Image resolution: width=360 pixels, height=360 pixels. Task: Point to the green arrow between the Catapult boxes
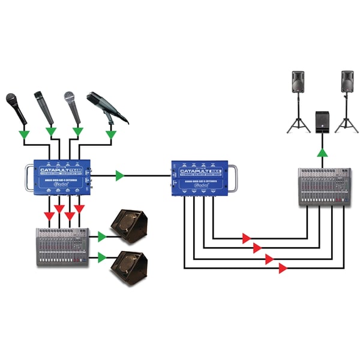pos(120,176)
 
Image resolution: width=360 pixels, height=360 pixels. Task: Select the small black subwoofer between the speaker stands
pos(322,122)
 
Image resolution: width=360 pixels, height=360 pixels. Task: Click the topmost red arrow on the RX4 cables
pos(246,238)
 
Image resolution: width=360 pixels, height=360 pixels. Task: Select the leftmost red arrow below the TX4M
pos(47,215)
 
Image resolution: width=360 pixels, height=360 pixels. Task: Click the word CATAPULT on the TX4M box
pos(53,170)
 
